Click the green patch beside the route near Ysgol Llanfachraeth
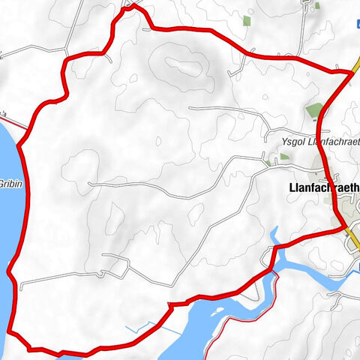313,112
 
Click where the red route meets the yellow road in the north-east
352,72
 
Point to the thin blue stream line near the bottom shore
150,327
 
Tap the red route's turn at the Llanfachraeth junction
343,225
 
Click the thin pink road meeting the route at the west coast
10,120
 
